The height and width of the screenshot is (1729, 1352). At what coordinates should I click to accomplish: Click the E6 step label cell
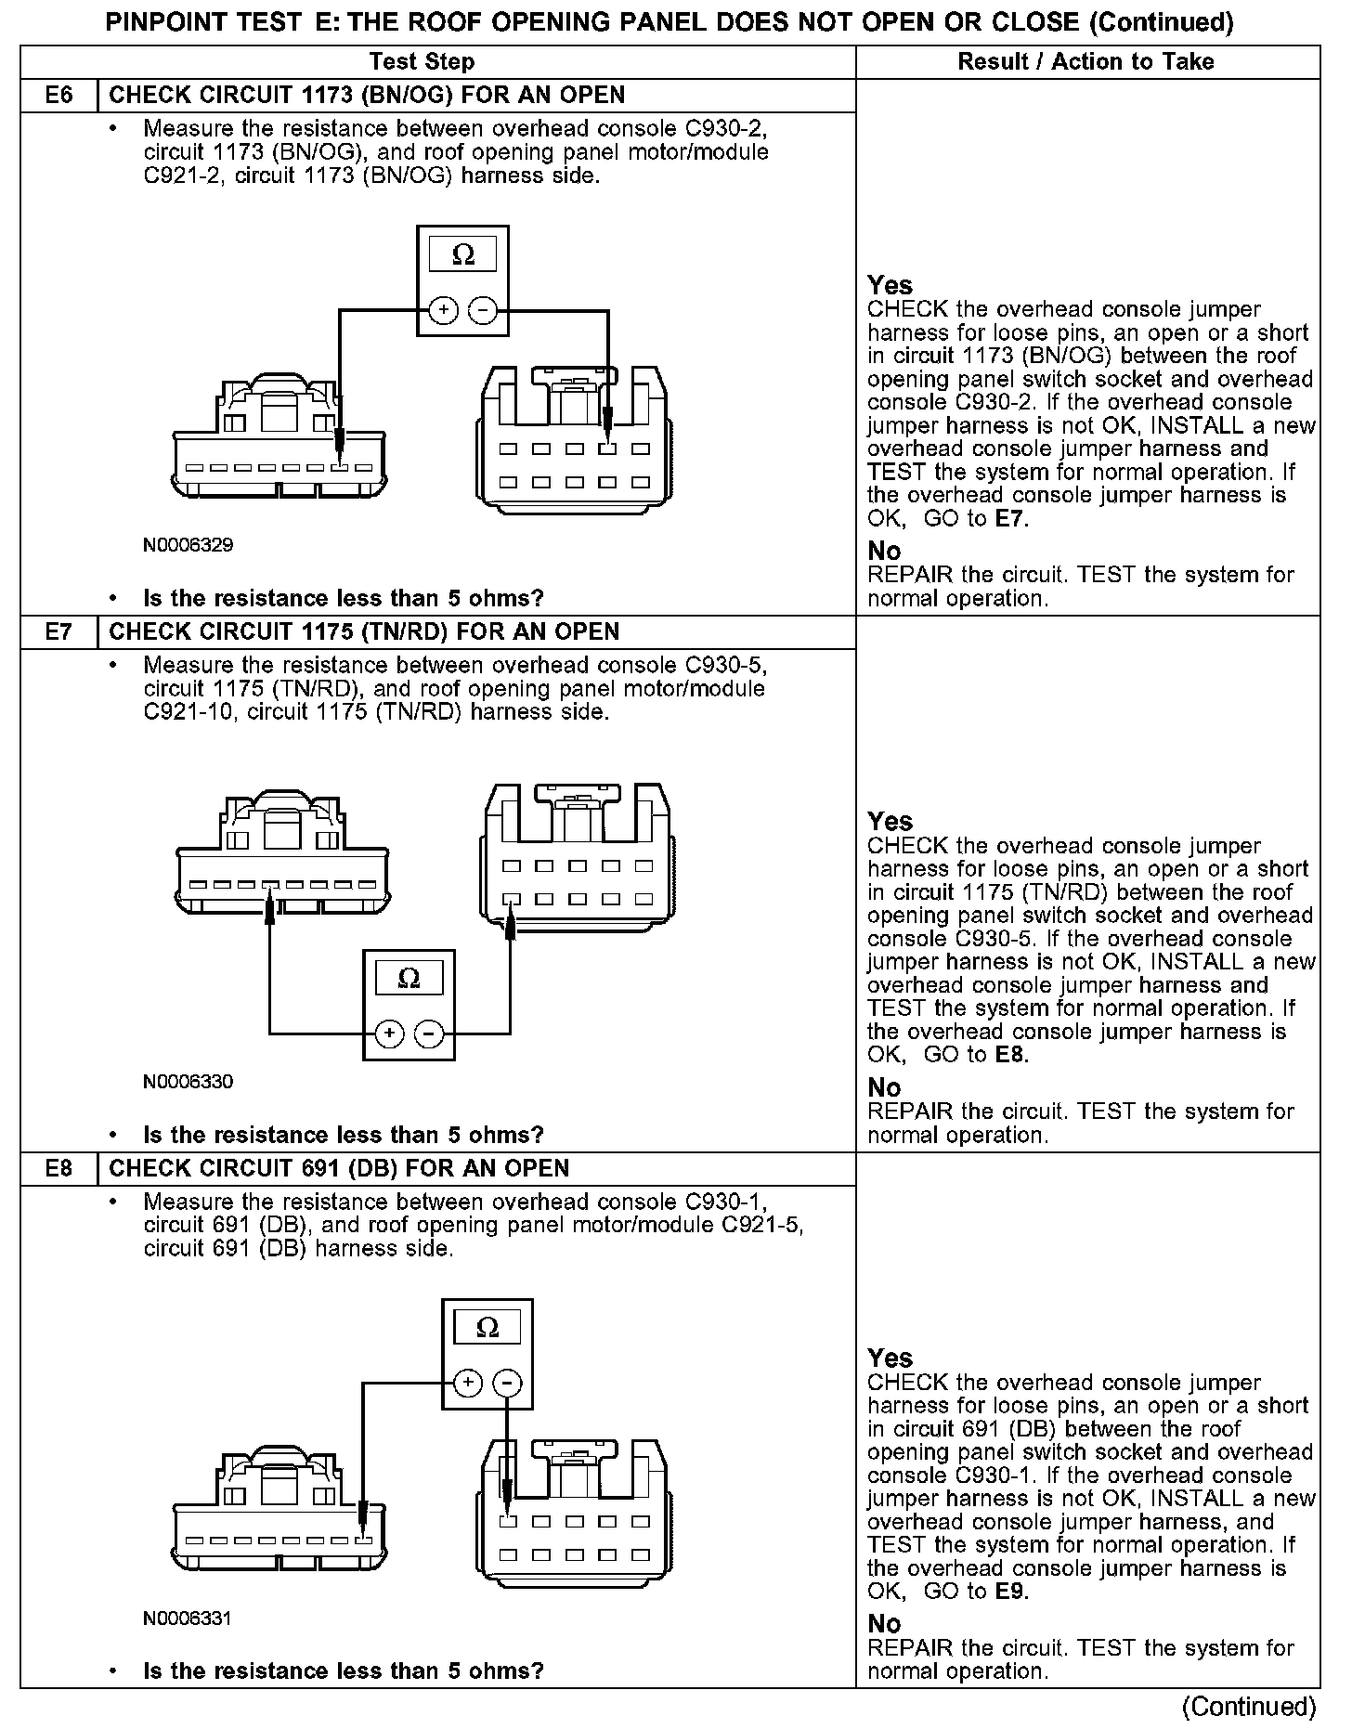click(58, 96)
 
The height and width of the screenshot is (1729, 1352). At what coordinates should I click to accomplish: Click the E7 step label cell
click(58, 632)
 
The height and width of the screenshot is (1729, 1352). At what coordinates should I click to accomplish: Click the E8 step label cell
click(58, 1168)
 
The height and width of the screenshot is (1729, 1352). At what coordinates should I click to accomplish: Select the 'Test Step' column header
click(422, 62)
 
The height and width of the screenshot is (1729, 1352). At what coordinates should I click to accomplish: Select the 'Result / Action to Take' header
click(1085, 62)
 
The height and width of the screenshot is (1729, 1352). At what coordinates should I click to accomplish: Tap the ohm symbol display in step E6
click(462, 255)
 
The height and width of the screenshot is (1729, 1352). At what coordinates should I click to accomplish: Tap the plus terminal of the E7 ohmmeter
click(390, 1033)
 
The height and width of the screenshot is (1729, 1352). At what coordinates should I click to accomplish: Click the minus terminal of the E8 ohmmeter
click(506, 1383)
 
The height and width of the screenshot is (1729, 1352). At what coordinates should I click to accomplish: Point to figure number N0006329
click(188, 545)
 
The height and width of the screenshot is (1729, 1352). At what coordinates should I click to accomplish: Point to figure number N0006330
click(188, 1082)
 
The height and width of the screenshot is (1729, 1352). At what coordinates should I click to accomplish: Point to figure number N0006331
click(188, 1618)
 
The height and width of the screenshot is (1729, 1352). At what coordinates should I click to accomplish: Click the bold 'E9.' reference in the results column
click(1011, 1592)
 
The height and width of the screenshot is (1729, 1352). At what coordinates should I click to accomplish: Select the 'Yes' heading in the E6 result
click(890, 285)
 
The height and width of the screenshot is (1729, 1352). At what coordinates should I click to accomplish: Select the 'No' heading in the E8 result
click(884, 1623)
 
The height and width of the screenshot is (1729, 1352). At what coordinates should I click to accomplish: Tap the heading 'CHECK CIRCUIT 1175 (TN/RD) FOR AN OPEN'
click(364, 632)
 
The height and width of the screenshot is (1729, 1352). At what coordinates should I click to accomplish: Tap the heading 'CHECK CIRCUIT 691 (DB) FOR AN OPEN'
click(339, 1168)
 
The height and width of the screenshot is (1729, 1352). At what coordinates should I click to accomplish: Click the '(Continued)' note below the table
click(1248, 1707)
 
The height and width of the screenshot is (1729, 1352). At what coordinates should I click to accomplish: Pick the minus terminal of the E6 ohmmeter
click(482, 309)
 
